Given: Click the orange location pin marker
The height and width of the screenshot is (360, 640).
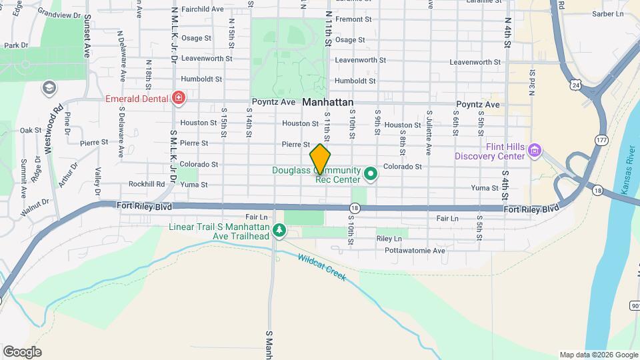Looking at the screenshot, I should (320, 159).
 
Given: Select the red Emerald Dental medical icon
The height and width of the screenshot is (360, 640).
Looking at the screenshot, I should (178, 99).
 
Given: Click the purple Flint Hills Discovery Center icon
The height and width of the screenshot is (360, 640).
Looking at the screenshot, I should (533, 151).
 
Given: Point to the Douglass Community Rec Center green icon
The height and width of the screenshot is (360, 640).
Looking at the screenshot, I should (371, 175).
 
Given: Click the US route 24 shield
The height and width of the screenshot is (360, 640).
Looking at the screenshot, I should (575, 85).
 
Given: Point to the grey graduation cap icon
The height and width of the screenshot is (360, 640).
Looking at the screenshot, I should (48, 87).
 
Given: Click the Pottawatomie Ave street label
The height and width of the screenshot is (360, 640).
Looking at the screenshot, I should (414, 251).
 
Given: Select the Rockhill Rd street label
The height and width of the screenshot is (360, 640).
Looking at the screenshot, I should (147, 184).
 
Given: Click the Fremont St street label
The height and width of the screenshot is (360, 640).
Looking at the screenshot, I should (353, 19).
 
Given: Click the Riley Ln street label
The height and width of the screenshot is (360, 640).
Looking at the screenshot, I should (389, 238).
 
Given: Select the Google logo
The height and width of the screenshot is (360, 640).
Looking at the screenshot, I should (22, 352).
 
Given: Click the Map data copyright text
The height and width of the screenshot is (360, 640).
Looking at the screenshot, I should (597, 355).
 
